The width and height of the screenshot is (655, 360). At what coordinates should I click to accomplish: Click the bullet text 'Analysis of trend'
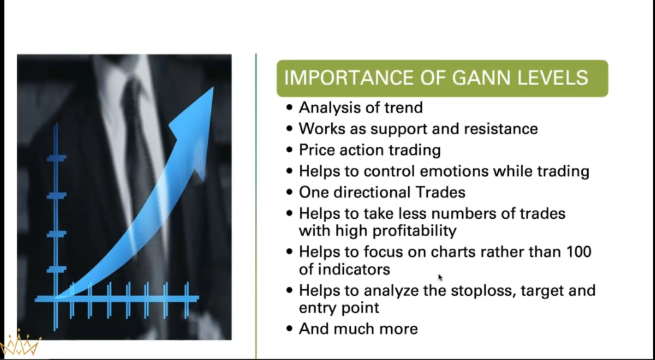[x=360, y=108]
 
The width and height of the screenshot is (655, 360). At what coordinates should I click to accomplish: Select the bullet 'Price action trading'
[x=369, y=150]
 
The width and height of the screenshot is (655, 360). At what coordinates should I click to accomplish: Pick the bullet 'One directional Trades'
[x=382, y=192]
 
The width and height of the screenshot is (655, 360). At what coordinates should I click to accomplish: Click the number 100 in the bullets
[x=578, y=252]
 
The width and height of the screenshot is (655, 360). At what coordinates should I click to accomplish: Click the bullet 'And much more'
[x=358, y=329]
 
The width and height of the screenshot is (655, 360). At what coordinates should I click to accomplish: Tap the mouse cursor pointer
[x=440, y=277]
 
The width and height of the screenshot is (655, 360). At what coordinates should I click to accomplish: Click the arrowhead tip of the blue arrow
[x=211, y=89]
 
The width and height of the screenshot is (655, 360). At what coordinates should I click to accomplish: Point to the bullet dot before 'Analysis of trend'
[x=289, y=108]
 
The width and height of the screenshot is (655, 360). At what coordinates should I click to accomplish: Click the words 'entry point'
[x=339, y=308]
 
